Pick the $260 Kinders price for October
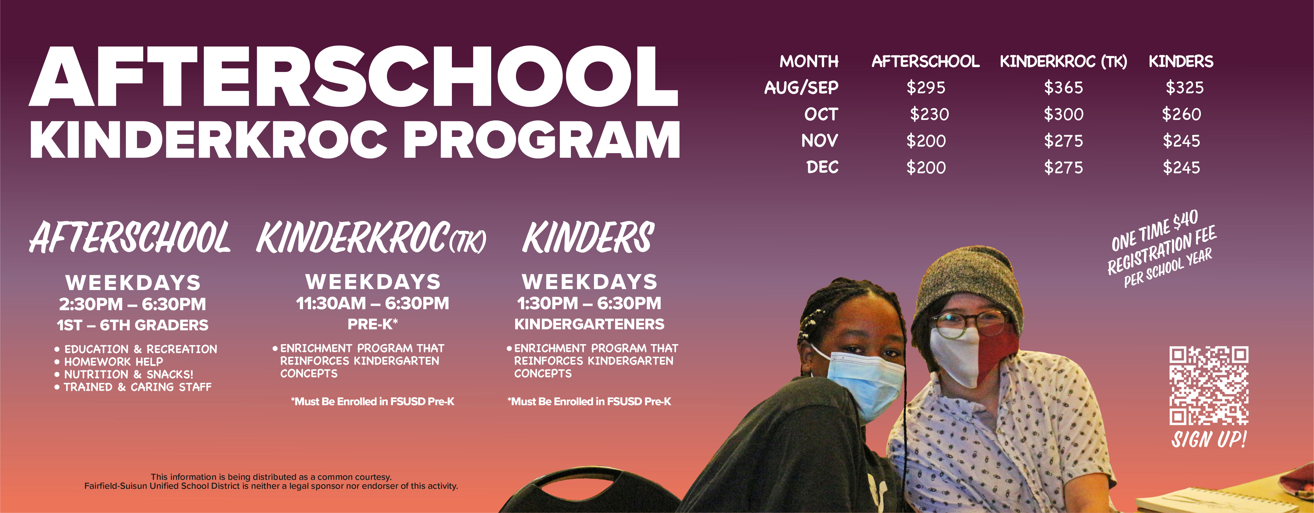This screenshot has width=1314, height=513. coord(1181,114)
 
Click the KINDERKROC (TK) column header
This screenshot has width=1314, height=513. coord(1064,62)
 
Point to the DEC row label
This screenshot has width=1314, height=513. coord(822,167)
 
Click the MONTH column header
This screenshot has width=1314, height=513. coord(809,62)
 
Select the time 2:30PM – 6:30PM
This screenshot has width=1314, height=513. coord(133,304)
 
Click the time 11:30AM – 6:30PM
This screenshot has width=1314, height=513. coord(372,303)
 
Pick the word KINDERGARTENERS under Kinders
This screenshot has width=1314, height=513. coord(589,324)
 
